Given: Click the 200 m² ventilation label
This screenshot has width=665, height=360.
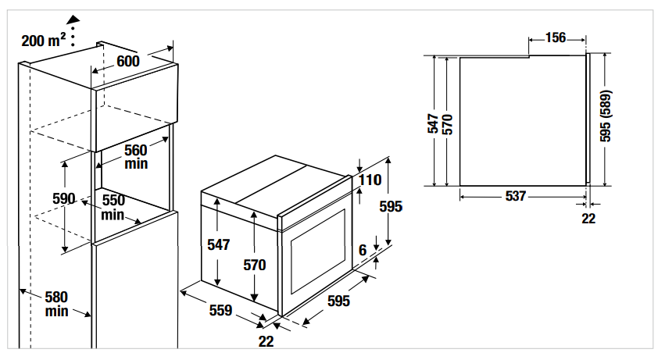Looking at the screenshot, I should [x=44, y=39].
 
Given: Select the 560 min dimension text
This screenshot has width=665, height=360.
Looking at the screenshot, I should [x=136, y=157].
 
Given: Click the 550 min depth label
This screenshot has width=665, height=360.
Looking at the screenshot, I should [x=113, y=207].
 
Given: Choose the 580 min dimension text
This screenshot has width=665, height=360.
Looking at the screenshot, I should [x=56, y=304].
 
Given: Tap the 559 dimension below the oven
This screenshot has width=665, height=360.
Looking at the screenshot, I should [x=221, y=311].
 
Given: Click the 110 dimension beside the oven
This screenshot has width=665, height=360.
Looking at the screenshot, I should [x=370, y=180].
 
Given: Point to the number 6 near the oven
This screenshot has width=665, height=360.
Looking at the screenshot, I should [x=363, y=251].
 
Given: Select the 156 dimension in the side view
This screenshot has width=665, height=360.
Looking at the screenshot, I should [x=556, y=37].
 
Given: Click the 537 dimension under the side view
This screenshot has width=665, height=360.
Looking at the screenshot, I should [x=516, y=197].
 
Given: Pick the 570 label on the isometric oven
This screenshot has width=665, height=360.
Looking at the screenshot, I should [x=255, y=265].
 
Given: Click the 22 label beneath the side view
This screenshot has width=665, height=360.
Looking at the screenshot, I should [x=588, y=219].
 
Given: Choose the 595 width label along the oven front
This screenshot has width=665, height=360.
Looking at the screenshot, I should [x=338, y=301].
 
